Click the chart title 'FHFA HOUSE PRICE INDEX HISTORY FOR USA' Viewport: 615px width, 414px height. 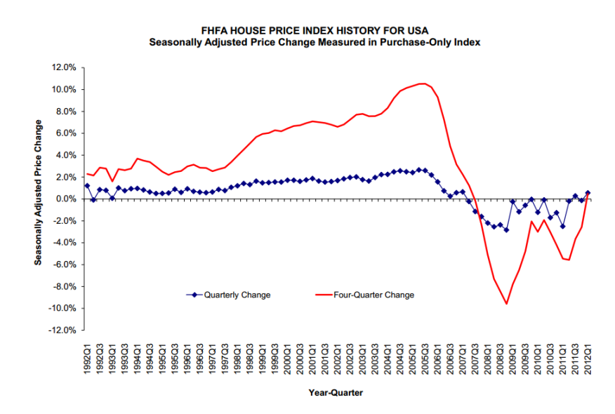pos(314,29)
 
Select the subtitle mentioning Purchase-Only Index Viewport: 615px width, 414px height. pos(314,41)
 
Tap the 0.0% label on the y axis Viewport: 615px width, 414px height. pos(66,199)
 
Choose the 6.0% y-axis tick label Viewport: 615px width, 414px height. pos(66,133)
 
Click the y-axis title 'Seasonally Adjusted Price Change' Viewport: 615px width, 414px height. pos(39,192)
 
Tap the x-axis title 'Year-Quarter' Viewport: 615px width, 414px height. pos(336,393)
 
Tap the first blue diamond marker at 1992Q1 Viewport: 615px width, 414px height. pos(86,186)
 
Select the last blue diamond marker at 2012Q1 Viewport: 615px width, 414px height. pos(588,193)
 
